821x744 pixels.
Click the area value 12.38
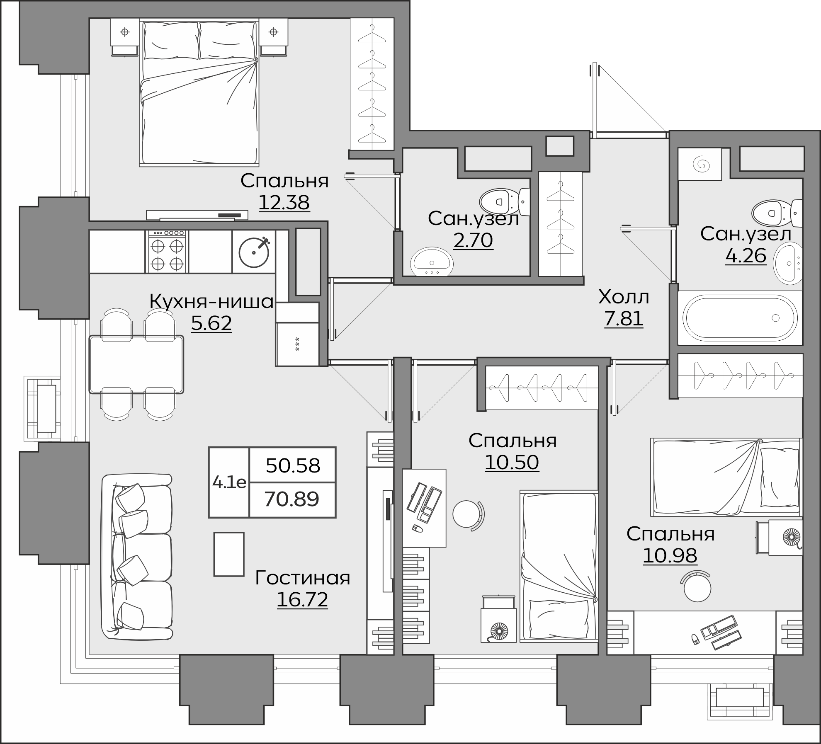tap(284, 202)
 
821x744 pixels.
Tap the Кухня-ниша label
tap(211, 301)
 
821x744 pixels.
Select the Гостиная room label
tap(303, 578)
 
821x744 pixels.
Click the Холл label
tap(624, 297)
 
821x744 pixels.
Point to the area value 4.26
tap(746, 255)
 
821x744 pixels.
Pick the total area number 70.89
tap(292, 499)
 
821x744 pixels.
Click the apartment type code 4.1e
tap(229, 482)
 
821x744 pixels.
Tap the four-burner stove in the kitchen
tap(167, 252)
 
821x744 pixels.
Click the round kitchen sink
tap(254, 252)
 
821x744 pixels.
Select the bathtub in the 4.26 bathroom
tap(740, 318)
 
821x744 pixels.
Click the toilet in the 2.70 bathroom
tap(505, 202)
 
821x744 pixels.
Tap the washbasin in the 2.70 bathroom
tap(432, 262)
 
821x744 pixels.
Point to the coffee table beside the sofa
tap(229, 554)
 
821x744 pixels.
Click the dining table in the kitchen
tap(136, 364)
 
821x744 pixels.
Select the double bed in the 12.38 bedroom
tap(199, 93)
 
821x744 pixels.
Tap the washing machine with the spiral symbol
tap(700, 165)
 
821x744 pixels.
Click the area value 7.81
tap(624, 319)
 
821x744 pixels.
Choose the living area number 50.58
tap(293, 465)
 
